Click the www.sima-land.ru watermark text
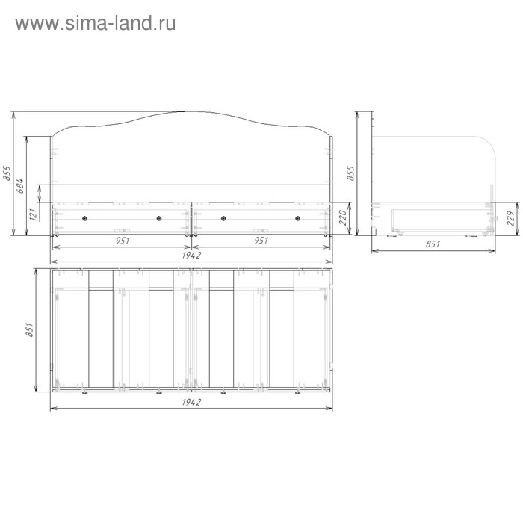pyautogui.click(x=96, y=23)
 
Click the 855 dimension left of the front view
pyautogui.click(x=7, y=173)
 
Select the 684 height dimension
pyautogui.click(x=20, y=186)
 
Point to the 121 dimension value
pyautogui.click(x=33, y=214)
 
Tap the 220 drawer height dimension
pyautogui.click(x=343, y=218)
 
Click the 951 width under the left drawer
pyautogui.click(x=123, y=240)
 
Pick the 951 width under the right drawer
pyautogui.click(x=261, y=240)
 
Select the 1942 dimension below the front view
pyautogui.click(x=191, y=256)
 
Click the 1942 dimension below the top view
pyautogui.click(x=191, y=402)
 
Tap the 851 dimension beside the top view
pyautogui.click(x=30, y=329)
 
